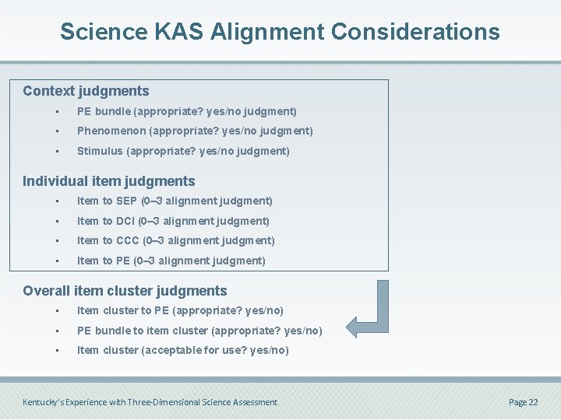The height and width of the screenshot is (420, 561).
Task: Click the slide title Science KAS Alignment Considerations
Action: [x=280, y=32]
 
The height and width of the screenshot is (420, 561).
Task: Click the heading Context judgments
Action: [x=86, y=91]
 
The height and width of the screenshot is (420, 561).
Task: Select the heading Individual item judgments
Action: [x=108, y=181]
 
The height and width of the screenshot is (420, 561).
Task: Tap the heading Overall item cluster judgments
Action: [x=125, y=291]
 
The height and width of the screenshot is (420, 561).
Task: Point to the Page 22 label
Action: [x=523, y=402]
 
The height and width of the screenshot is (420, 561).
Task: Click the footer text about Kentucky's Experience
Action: [x=150, y=402]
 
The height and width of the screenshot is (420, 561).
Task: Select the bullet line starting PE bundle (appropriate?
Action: [x=186, y=112]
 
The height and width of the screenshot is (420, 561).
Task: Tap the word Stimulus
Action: [x=99, y=152]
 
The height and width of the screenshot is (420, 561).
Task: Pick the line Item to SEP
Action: [x=175, y=201]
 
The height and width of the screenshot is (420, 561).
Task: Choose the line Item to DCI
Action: [x=173, y=222]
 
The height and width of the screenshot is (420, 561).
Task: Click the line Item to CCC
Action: [x=175, y=241]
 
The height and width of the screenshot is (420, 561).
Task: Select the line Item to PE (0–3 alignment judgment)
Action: [x=171, y=261]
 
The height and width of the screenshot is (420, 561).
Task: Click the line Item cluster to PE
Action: [x=180, y=311]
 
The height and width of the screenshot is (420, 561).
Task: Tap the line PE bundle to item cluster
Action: [x=199, y=331]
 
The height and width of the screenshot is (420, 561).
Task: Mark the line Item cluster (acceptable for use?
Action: [x=182, y=351]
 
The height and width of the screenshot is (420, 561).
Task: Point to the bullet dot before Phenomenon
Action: [x=57, y=131]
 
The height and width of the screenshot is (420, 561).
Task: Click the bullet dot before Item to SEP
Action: [x=57, y=201]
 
